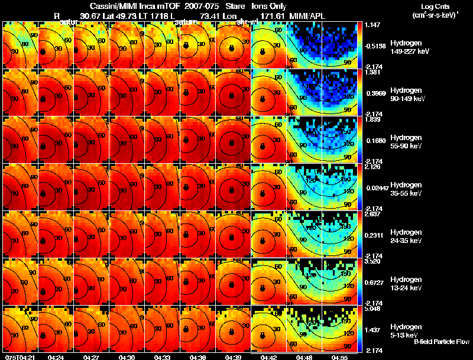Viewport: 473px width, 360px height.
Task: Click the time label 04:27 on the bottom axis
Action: (x=91, y=357)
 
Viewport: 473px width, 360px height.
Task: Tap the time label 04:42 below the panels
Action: (x=268, y=357)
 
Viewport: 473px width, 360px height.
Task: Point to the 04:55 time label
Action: (x=339, y=357)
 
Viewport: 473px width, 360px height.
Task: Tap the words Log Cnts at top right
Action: (x=435, y=5)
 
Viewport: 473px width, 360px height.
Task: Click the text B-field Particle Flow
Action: (x=442, y=342)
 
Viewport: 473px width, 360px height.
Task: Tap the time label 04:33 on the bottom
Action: (x=162, y=357)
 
